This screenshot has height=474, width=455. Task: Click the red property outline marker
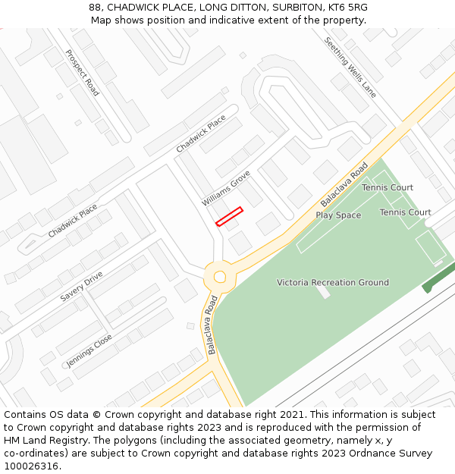[229, 216]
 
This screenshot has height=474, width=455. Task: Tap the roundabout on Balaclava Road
[220, 277]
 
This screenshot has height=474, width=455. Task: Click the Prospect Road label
[82, 73]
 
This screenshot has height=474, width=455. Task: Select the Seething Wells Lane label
[350, 67]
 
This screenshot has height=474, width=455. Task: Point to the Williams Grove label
[226, 189]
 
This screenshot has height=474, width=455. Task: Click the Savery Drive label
[81, 287]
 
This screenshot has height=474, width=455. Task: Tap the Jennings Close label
[89, 350]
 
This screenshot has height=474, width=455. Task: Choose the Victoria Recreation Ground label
[333, 283]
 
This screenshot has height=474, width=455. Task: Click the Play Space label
[338, 215]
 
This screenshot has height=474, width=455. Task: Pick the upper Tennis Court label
[388, 187]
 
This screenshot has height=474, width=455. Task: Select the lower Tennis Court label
[405, 212]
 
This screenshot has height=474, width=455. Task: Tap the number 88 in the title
[96, 8]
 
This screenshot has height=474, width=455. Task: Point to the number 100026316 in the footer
[32, 466]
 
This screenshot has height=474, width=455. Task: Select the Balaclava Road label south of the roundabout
[212, 325]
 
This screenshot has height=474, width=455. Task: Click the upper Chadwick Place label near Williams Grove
[201, 133]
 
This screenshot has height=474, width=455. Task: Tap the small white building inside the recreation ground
[323, 291]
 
